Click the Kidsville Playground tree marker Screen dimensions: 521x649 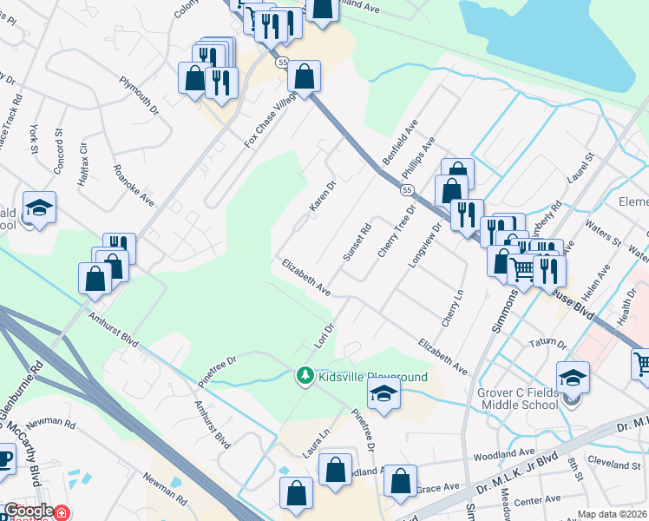pos(305,376)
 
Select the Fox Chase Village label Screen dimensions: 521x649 pos(270,117)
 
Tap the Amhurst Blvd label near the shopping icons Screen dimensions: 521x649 pos(113,329)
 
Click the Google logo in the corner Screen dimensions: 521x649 pos(28,511)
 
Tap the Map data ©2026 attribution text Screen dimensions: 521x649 pos(611,514)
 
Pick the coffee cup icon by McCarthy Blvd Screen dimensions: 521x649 pos(4,460)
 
